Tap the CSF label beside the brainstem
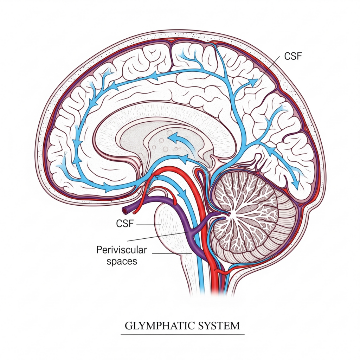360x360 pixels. click(125, 223)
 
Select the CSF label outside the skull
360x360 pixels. click(293, 56)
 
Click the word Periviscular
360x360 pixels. click(121, 250)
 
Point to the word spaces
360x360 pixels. click(122, 261)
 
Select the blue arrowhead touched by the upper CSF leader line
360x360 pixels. click(254, 82)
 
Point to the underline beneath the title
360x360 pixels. click(182, 335)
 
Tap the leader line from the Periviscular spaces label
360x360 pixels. click(172, 253)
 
